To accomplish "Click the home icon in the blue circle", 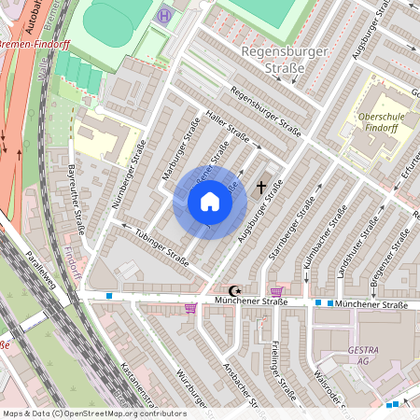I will point(210,202).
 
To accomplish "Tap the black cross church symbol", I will point(261,187).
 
